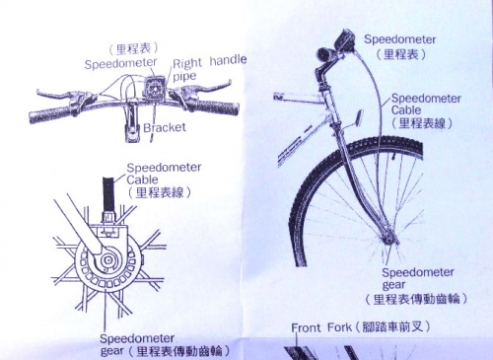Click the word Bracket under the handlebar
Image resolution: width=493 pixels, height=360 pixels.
(165, 127)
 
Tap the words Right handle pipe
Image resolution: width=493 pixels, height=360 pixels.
(209, 68)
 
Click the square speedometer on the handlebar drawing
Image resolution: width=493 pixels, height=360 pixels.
(153, 87)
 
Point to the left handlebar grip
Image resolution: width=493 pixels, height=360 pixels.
(49, 114)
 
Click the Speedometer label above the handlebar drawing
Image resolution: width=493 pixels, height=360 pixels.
(120, 63)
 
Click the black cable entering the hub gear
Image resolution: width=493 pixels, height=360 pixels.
(108, 194)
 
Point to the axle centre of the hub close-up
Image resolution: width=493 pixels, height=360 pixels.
(107, 260)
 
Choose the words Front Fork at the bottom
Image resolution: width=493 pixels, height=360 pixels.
(321, 327)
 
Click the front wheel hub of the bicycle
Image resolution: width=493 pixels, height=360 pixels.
(387, 236)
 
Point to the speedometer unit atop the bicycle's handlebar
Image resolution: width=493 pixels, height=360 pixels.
(343, 41)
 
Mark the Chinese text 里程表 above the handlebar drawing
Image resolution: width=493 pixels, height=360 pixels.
(133, 49)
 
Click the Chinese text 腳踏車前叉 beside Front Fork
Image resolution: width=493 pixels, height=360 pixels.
(391, 327)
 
